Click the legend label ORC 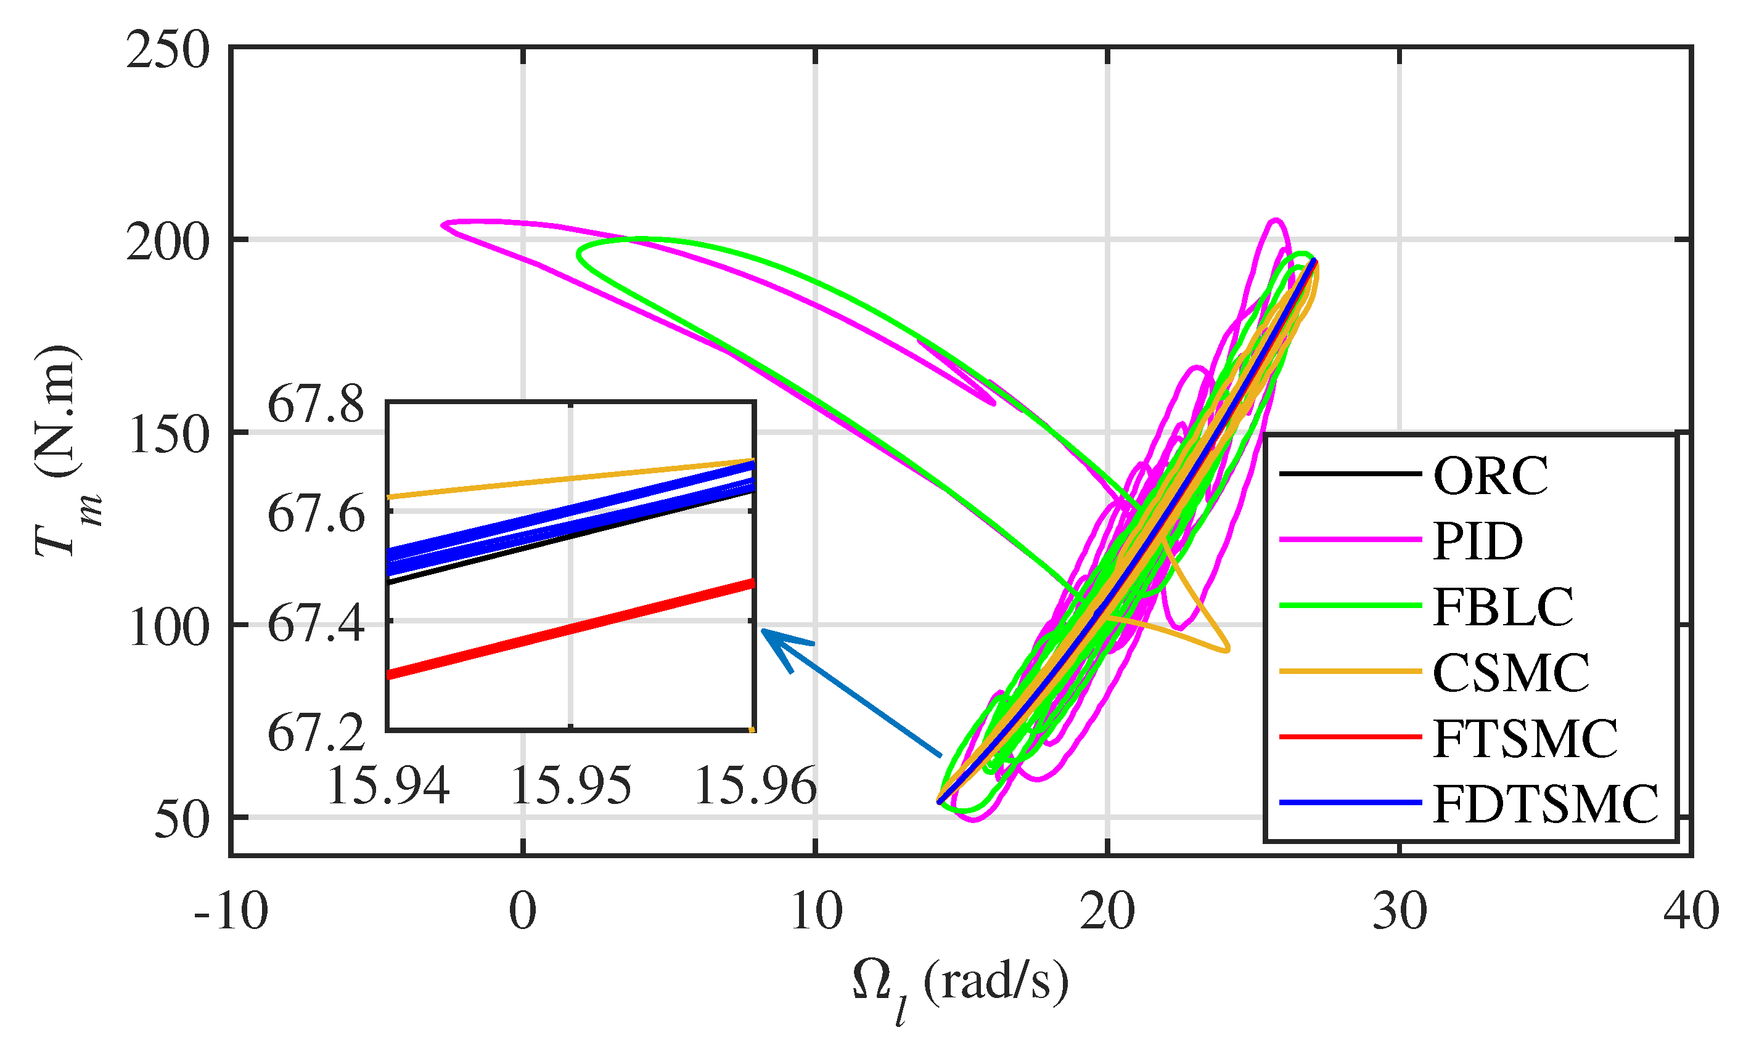(1490, 476)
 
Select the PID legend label (1478, 542)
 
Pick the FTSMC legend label (1525, 739)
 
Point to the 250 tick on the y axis (168, 51)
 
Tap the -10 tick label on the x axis (231, 911)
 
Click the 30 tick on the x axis (1400, 911)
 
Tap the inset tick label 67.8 (315, 405)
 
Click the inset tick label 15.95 (570, 785)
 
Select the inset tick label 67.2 (315, 733)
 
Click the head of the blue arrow (764, 631)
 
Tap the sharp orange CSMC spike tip (1228, 649)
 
